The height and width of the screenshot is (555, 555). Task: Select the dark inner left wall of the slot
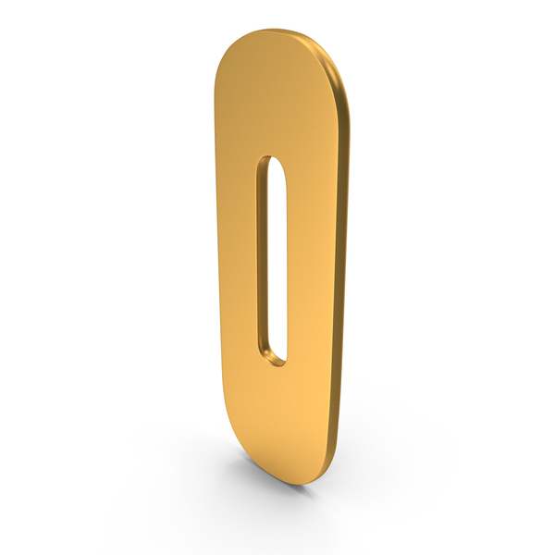click(263, 258)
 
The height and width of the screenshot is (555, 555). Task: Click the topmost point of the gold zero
click(275, 29)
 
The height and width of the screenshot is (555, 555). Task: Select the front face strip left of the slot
click(237, 258)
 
